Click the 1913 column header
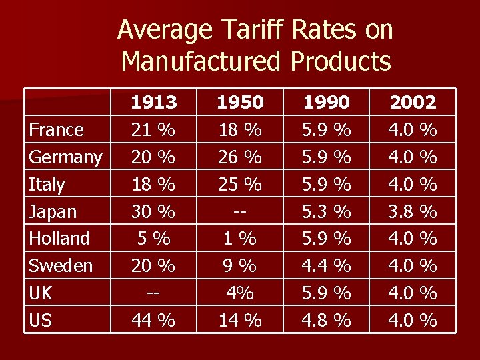pyautogui.click(x=154, y=103)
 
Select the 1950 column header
pyautogui.click(x=240, y=103)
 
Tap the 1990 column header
pyautogui.click(x=326, y=103)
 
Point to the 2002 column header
pyautogui.click(x=413, y=103)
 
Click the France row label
pyautogui.click(x=56, y=129)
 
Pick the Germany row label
pyautogui.click(x=65, y=157)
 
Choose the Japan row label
pyautogui.click(x=53, y=212)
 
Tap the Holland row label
pyautogui.click(x=59, y=239)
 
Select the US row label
pyautogui.click(x=41, y=321)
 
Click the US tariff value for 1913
pyautogui.click(x=154, y=321)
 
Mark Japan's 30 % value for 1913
pyautogui.click(x=154, y=212)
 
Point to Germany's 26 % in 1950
pyautogui.click(x=240, y=157)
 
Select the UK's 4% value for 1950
pyautogui.click(x=240, y=293)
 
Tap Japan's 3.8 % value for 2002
pyautogui.click(x=413, y=212)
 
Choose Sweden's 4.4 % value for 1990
pyautogui.click(x=326, y=266)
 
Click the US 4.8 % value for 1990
pyautogui.click(x=326, y=321)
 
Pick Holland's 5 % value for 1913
pyautogui.click(x=154, y=239)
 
